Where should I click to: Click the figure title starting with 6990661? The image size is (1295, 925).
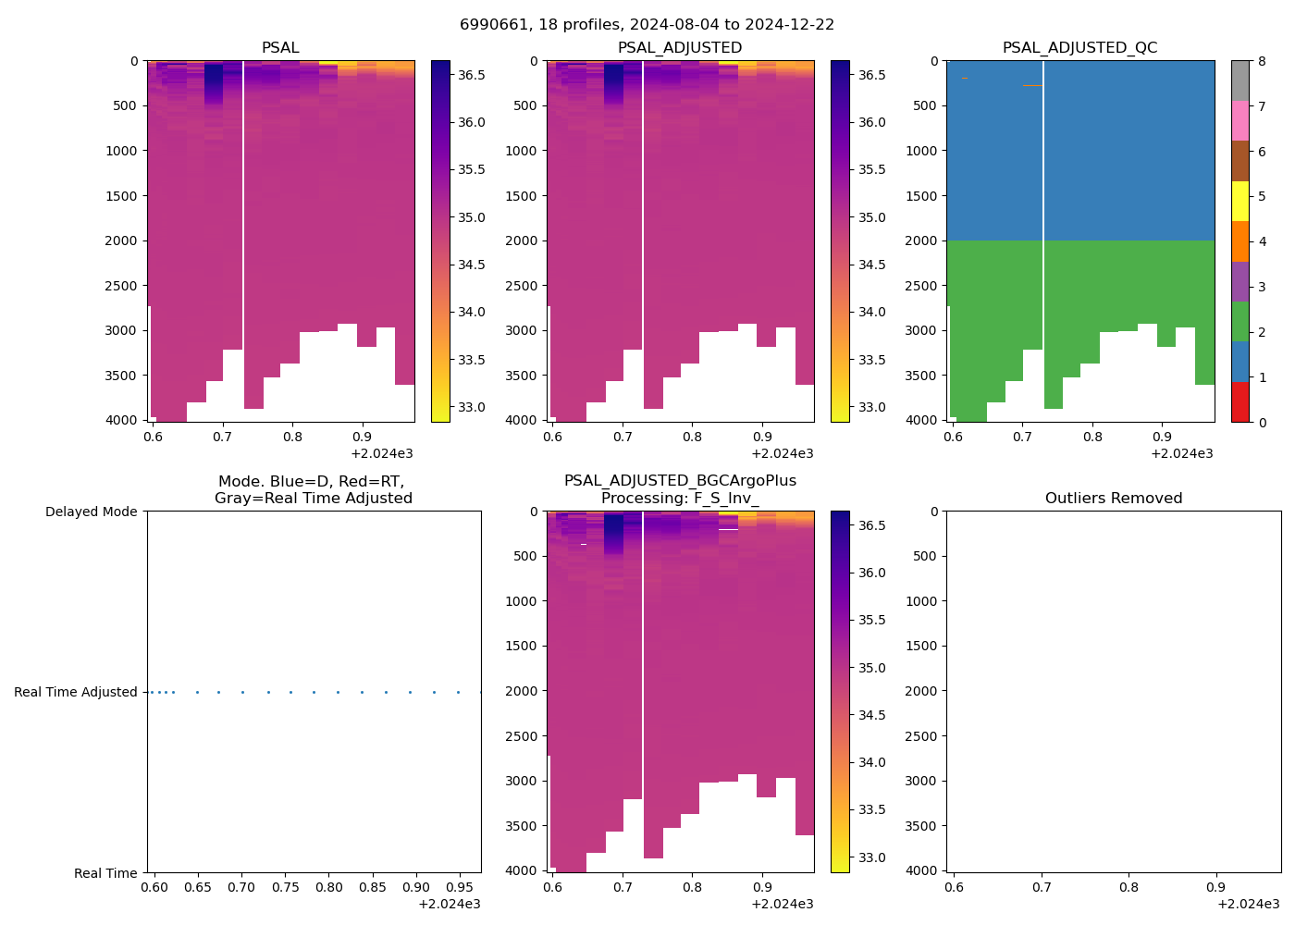(x=647, y=25)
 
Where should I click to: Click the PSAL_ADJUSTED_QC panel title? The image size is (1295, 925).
(x=1079, y=48)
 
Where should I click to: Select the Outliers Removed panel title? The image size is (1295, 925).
(x=1114, y=499)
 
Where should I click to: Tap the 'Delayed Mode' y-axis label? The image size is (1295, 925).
(x=91, y=512)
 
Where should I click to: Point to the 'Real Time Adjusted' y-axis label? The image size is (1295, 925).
(x=75, y=692)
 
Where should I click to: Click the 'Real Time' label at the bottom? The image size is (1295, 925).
(x=105, y=873)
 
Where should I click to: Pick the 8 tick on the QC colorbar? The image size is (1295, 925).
(x=1262, y=61)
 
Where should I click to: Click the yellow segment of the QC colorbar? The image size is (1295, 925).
(x=1239, y=201)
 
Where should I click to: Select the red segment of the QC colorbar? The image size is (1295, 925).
(x=1239, y=402)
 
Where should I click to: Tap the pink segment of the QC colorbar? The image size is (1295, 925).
(x=1239, y=120)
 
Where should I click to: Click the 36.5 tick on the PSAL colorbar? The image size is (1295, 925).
(x=472, y=75)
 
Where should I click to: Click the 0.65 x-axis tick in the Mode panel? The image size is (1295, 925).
(x=197, y=888)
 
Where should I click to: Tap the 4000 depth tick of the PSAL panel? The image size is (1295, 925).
(x=121, y=420)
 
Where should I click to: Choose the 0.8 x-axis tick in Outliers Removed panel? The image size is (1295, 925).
(x=1128, y=888)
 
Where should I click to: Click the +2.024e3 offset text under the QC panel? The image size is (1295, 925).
(x=1181, y=454)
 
